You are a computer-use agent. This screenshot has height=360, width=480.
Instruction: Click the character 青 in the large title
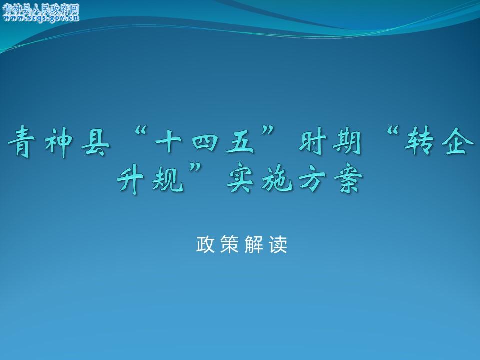21,142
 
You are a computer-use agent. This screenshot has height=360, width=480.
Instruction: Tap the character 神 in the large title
59,142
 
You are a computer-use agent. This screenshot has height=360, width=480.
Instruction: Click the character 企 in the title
456,141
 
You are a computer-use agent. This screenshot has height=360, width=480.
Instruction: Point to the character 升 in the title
130,180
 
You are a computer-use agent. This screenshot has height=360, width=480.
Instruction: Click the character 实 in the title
240,180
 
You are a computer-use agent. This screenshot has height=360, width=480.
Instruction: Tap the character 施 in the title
277,180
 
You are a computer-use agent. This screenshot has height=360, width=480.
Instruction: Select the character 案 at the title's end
348,180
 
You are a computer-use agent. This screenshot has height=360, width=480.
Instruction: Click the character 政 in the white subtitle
205,244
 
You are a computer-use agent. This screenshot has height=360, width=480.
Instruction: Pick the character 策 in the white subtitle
229,244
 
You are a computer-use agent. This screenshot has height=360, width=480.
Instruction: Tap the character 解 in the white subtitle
254,244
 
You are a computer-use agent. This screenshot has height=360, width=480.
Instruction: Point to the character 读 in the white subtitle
278,244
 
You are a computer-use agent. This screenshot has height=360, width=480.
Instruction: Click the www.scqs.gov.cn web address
41,18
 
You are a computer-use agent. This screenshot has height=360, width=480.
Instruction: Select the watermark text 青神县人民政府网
41,9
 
